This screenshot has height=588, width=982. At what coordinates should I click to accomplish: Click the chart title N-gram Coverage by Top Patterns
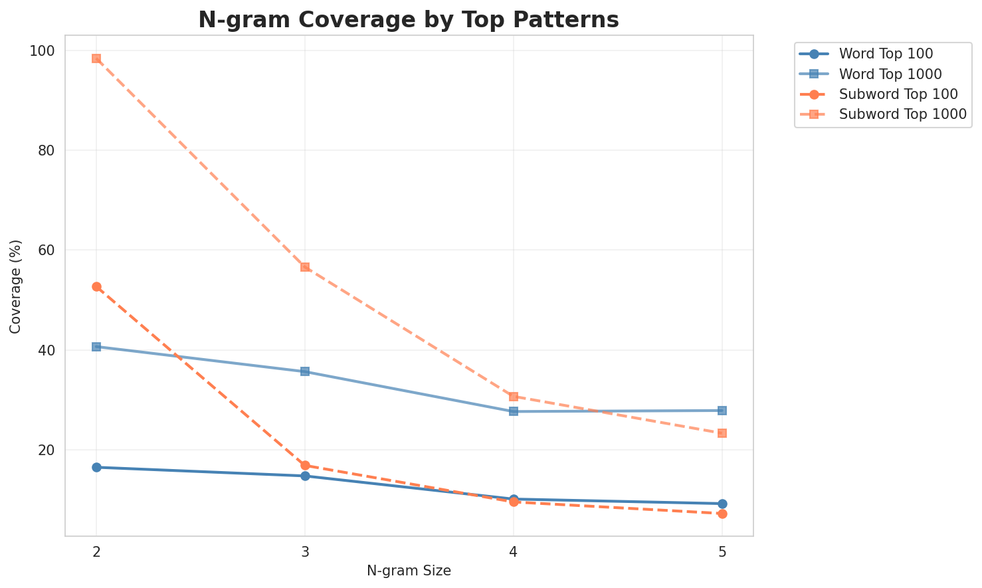click(409, 20)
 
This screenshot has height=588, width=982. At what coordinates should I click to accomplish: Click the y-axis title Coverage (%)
click(15, 286)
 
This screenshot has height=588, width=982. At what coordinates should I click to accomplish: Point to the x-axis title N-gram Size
click(409, 571)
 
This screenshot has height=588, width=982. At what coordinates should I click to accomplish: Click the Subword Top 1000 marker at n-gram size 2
click(96, 58)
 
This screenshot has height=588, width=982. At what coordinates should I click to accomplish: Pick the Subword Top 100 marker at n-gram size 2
click(96, 286)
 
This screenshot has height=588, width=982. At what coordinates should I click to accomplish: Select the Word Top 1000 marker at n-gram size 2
click(96, 347)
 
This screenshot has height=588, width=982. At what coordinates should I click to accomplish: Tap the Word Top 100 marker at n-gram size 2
click(96, 467)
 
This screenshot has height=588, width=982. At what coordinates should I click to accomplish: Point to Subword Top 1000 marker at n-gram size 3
click(305, 267)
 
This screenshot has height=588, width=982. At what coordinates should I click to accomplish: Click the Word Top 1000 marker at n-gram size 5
click(722, 411)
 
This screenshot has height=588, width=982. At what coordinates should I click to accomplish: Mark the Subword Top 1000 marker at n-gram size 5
click(722, 433)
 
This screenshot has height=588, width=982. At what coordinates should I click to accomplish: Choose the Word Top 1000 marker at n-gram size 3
click(305, 371)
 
